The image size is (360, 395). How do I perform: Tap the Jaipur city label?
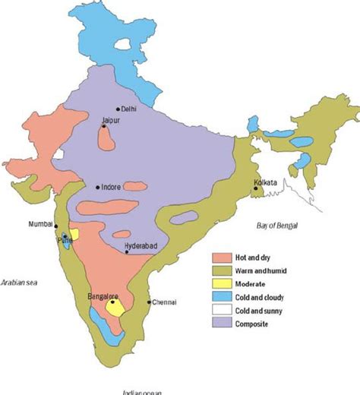click(x=111, y=120)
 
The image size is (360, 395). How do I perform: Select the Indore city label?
click(x=112, y=187)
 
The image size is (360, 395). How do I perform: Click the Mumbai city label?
click(x=41, y=224)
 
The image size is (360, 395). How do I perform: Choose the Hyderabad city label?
click(x=141, y=246)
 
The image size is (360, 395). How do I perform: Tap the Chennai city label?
click(x=165, y=302)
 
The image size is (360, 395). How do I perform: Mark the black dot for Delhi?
click(x=118, y=109)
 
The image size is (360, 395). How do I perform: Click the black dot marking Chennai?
click(x=149, y=302)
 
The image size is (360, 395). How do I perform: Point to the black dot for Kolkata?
click(x=256, y=189)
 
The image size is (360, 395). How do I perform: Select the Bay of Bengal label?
click(x=277, y=226)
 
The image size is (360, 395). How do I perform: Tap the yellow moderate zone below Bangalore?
click(x=115, y=308)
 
